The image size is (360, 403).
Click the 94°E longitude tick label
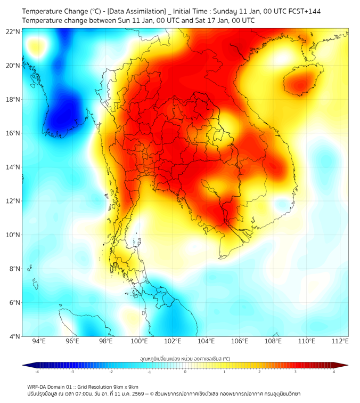pyautogui.click(x=38, y=342)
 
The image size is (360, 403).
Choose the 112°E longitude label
pyautogui.click(x=340, y=342)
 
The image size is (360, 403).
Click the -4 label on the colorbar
pyautogui.click(x=37, y=372)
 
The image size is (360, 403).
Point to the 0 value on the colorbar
pyautogui.click(x=185, y=372)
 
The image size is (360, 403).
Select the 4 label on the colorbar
pyautogui.click(x=333, y=372)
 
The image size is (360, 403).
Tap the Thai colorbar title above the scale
pyautogui.click(x=185, y=359)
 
